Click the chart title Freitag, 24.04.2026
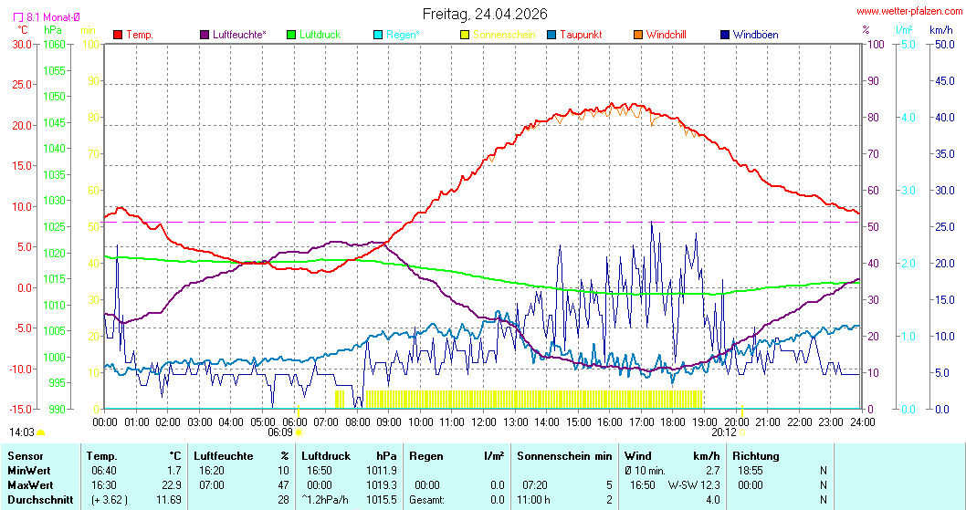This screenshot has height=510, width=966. [x=484, y=14]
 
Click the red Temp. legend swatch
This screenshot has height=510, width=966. [x=118, y=35]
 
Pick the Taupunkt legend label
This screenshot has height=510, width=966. [x=580, y=35]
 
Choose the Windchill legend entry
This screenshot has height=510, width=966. [x=666, y=35]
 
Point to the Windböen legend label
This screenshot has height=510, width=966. [x=755, y=35]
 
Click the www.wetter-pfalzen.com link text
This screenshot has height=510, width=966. [x=908, y=12]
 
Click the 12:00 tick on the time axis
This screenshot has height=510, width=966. [x=484, y=422]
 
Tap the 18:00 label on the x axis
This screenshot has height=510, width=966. [x=673, y=422]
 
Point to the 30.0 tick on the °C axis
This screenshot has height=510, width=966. [x=21, y=44]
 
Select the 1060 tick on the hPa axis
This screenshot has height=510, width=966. [x=55, y=44]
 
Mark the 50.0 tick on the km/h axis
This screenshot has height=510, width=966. [x=942, y=44]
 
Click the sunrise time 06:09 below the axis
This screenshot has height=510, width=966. [x=279, y=433]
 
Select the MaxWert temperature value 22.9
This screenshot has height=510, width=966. [x=172, y=485]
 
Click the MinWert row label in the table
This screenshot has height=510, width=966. [x=28, y=470]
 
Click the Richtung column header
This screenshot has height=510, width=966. [x=755, y=455]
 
